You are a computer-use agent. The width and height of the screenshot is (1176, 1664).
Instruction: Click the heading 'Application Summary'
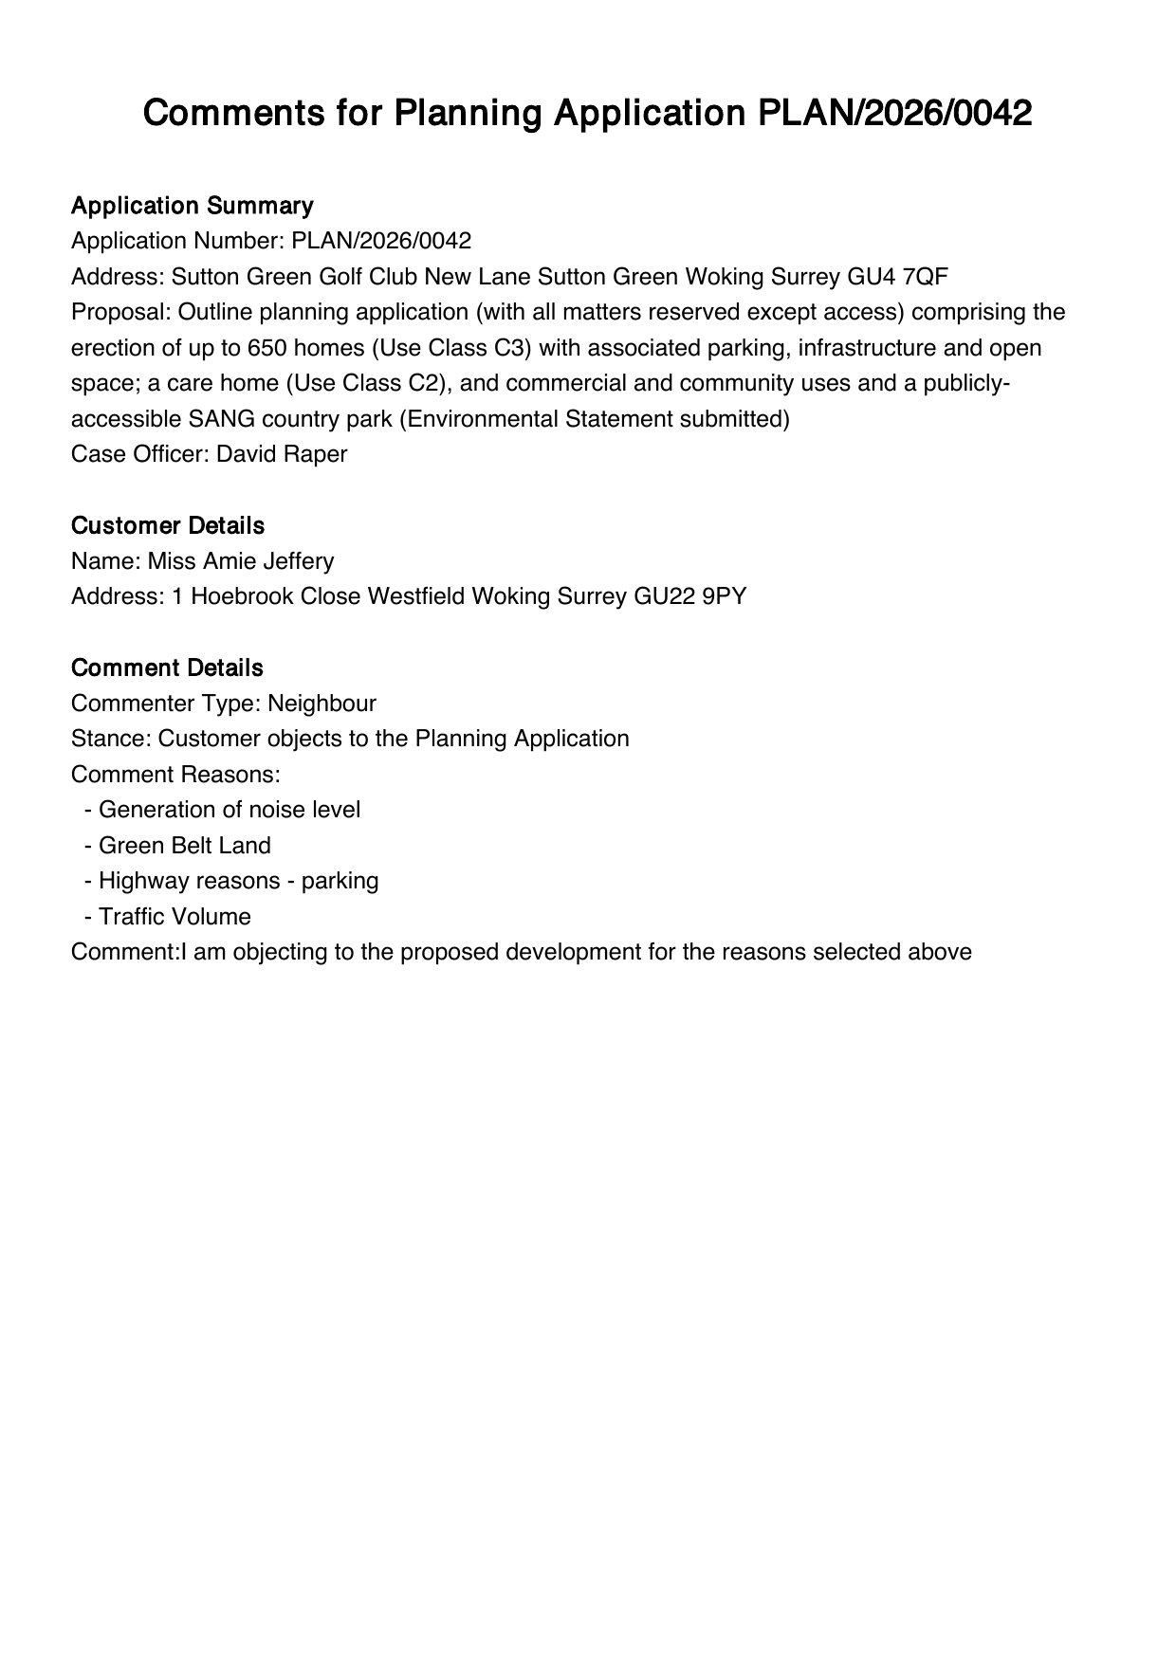[x=192, y=206]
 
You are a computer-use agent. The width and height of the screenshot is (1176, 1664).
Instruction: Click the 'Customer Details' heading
[x=168, y=525]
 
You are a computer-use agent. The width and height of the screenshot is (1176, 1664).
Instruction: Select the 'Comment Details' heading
[x=167, y=667]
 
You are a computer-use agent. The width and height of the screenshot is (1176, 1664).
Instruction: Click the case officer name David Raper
[x=282, y=454]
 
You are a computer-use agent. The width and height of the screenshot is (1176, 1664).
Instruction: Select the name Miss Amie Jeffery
[x=241, y=561]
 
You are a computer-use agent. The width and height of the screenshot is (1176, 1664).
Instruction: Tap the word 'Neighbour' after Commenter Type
[x=322, y=704]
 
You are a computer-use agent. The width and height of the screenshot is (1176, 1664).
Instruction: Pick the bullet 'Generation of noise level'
[x=230, y=810]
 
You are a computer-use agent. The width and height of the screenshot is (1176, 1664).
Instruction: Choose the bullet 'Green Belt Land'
[x=185, y=846]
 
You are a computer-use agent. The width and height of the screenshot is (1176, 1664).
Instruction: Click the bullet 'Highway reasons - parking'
[x=238, y=881]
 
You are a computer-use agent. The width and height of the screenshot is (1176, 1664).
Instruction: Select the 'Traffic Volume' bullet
[x=175, y=917]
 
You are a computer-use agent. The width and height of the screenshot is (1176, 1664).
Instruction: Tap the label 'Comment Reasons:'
[x=175, y=775]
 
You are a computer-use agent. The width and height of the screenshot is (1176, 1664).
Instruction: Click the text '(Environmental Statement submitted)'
[x=594, y=419]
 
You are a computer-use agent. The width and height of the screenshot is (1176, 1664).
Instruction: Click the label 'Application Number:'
[x=177, y=241]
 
